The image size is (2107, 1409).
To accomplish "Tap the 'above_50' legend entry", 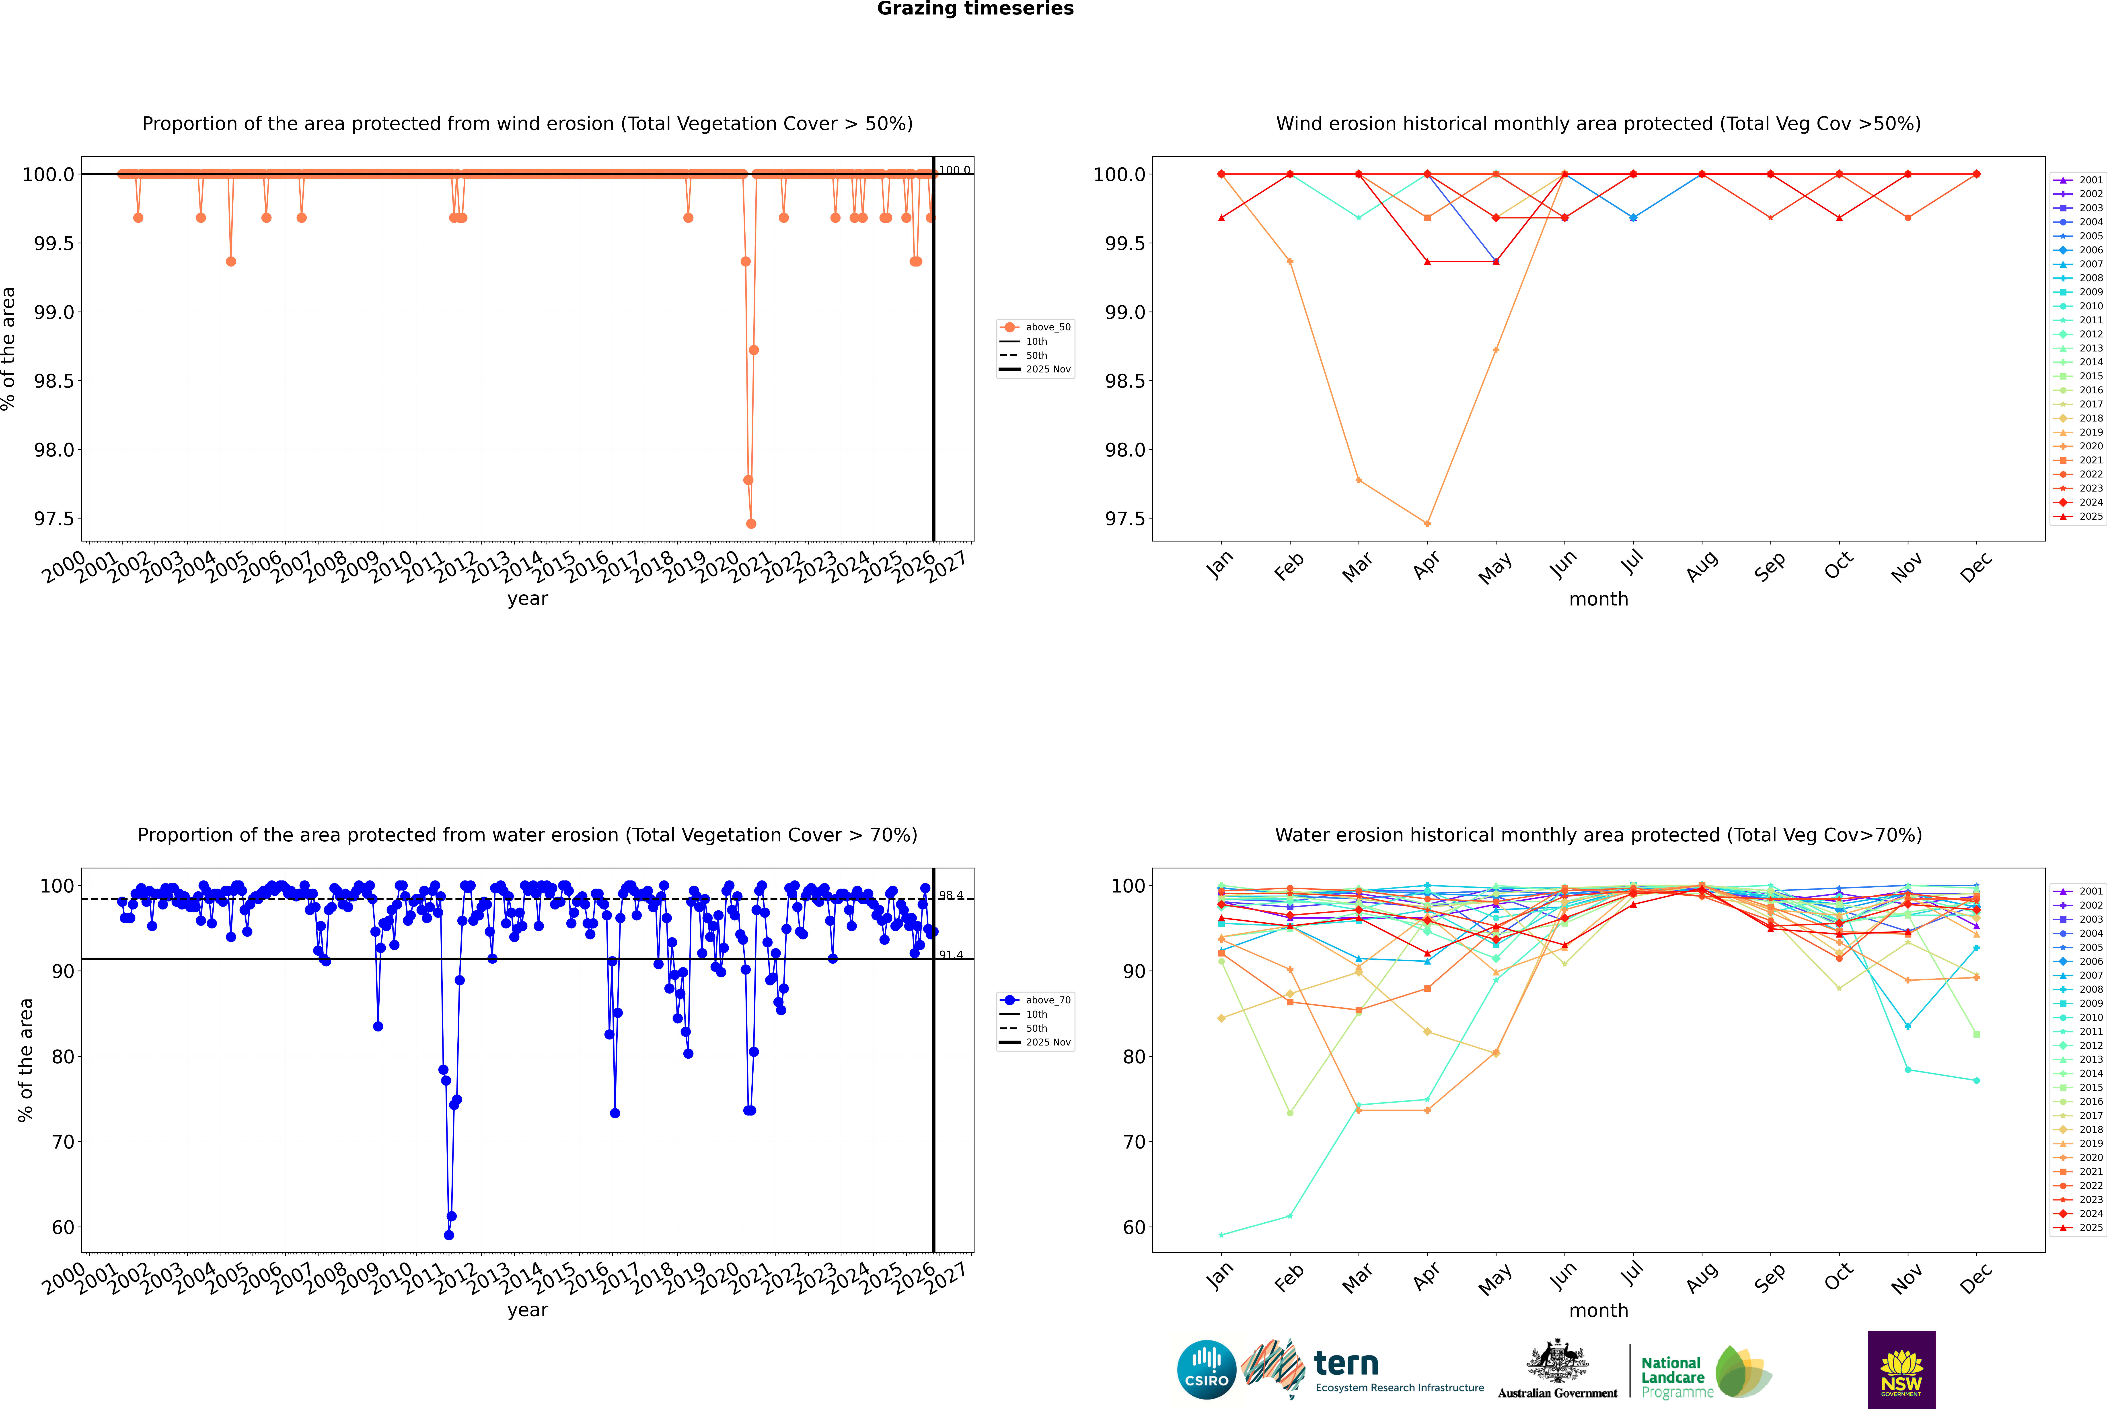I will pyautogui.click(x=1047, y=327).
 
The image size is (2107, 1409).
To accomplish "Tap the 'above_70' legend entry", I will pyautogui.click(x=1047, y=1000).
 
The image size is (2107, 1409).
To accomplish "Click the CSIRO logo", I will pyautogui.click(x=1206, y=1370).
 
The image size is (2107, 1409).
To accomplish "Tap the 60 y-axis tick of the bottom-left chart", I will pyautogui.click(x=63, y=1227).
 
